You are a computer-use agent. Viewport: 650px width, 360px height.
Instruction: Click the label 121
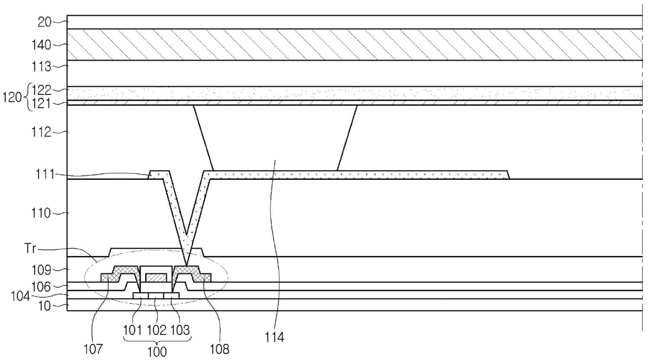(x=41, y=103)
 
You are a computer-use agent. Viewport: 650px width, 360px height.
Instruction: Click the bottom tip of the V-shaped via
(x=186, y=264)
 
